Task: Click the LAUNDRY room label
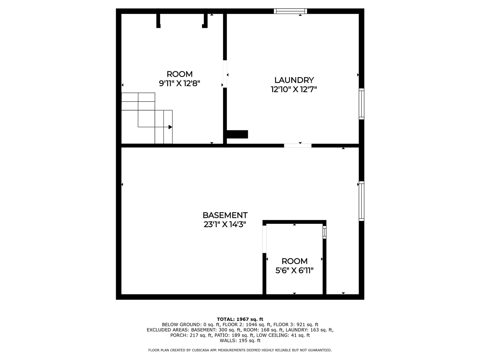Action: point(294,80)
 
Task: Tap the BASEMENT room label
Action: point(225,215)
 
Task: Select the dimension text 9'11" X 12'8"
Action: point(180,83)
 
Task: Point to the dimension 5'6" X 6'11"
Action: point(294,270)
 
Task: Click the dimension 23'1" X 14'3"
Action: point(225,225)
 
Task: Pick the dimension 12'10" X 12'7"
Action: point(294,89)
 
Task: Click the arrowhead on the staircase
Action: point(170,127)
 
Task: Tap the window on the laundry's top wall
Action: point(291,11)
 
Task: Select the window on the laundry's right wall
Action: point(361,104)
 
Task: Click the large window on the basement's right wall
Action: point(361,201)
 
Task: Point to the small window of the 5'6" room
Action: point(325,232)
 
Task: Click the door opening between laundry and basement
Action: point(298,145)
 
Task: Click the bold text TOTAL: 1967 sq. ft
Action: point(240,319)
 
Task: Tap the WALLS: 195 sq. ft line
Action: point(240,340)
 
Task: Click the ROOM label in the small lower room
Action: point(294,261)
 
